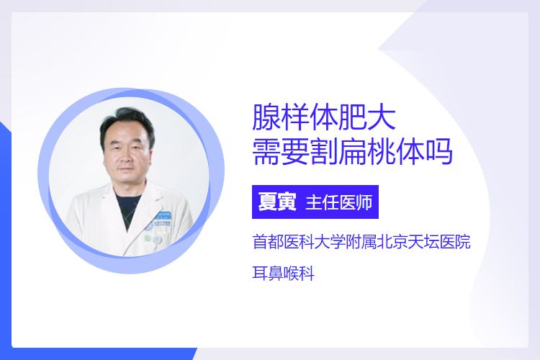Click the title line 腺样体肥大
pos(324,117)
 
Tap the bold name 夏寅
pos(278,202)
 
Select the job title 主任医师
pos(339,202)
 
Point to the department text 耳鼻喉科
pos(284,274)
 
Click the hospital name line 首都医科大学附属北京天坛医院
pos(361,241)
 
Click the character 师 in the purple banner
pos(365,202)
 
